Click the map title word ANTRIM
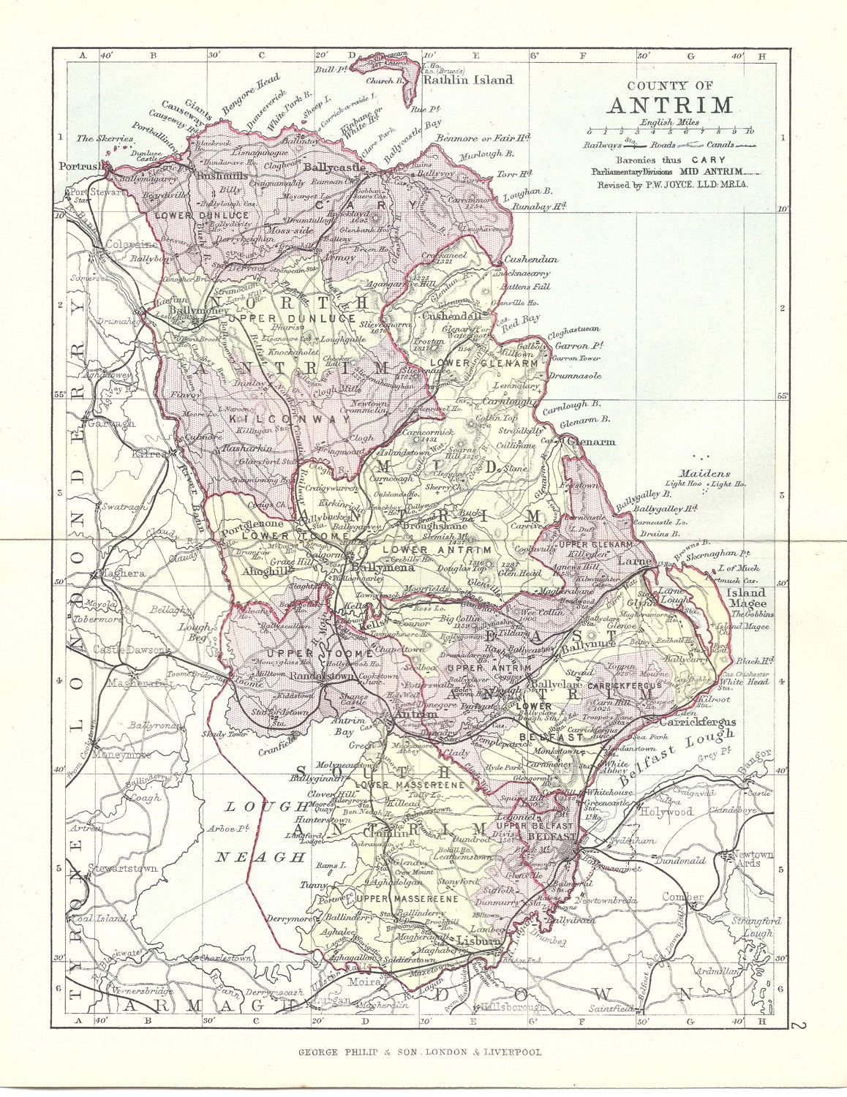[670, 105]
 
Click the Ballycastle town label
[334, 167]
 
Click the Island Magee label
[745, 597]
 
